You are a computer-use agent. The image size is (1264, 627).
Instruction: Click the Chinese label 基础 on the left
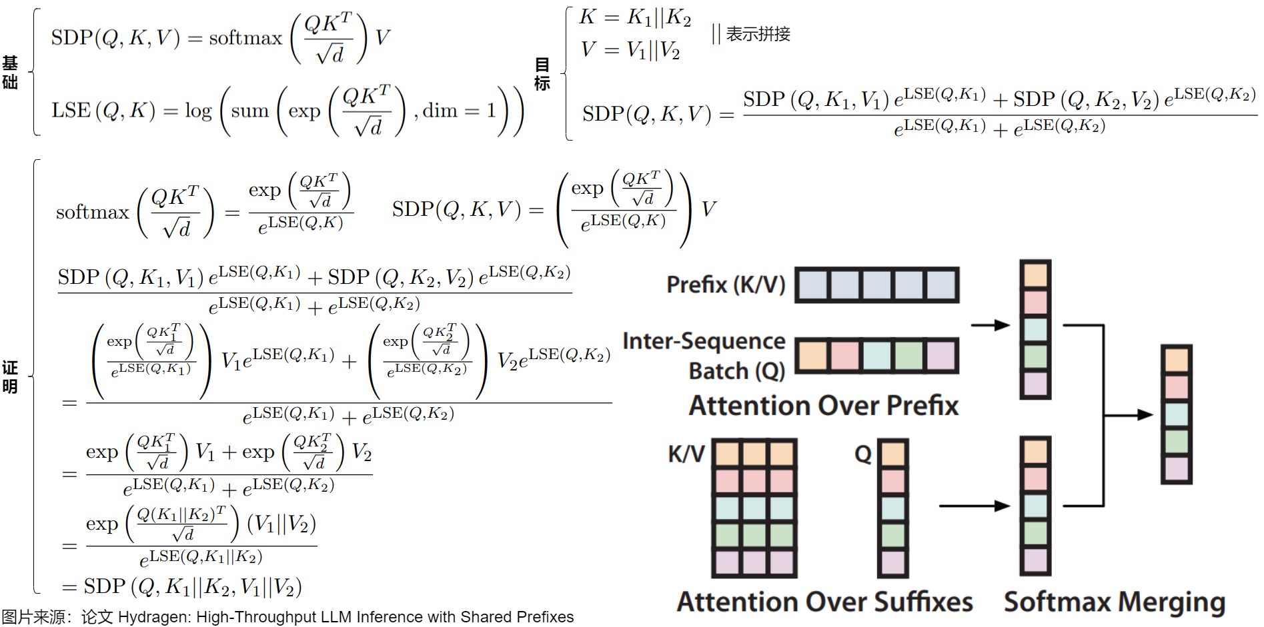click(9, 73)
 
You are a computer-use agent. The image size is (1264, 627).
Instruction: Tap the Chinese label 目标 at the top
click(542, 73)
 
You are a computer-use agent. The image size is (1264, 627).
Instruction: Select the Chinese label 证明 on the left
click(9, 377)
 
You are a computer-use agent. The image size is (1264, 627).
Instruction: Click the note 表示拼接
click(758, 34)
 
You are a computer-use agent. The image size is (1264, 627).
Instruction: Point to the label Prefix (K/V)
click(726, 285)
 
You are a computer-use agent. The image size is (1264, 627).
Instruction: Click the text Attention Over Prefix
click(823, 405)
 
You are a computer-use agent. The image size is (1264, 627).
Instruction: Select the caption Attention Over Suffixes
click(824, 602)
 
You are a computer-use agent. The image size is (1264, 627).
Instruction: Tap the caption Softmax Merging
click(1115, 602)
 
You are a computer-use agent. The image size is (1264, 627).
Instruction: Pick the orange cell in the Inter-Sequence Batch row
click(812, 356)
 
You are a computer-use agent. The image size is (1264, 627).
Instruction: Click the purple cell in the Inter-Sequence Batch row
click(942, 356)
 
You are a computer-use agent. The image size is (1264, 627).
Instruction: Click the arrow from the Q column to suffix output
click(974, 506)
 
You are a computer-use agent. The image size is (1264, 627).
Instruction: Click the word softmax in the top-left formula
click(245, 38)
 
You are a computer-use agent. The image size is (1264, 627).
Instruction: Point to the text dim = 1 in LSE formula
click(460, 110)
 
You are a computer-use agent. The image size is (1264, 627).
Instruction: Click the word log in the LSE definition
click(198, 111)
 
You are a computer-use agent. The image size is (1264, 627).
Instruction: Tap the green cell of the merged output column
click(1177, 442)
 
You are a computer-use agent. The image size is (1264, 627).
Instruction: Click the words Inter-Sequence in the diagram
click(704, 341)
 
